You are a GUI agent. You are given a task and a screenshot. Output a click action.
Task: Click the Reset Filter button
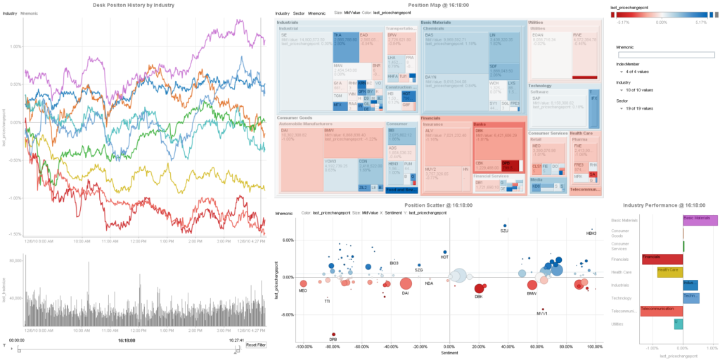coord(255,345)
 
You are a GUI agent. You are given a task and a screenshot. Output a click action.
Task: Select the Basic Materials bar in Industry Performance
coord(700,220)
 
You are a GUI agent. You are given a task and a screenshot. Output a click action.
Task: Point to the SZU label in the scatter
coord(504,231)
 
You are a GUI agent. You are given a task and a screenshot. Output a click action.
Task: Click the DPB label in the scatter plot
coord(333,340)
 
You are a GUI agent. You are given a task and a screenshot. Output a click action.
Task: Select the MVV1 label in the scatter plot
coord(541,314)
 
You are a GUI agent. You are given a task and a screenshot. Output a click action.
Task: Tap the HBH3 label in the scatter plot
coord(591,233)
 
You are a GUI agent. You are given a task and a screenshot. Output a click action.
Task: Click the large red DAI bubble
coord(406,284)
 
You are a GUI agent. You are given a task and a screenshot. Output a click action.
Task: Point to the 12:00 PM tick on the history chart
coord(138,241)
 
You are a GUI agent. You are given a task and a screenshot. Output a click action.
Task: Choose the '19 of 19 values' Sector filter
coord(638,108)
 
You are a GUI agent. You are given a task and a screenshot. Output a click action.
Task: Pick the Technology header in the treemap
coord(540,86)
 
